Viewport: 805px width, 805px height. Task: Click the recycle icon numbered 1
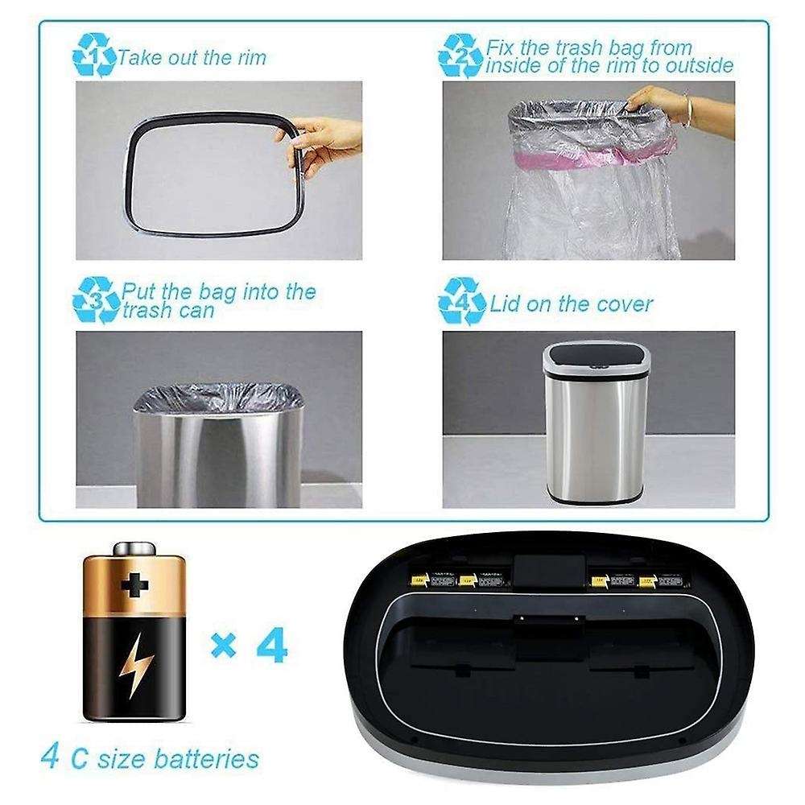(x=94, y=55)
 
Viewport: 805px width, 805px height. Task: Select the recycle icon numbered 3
(x=95, y=299)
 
